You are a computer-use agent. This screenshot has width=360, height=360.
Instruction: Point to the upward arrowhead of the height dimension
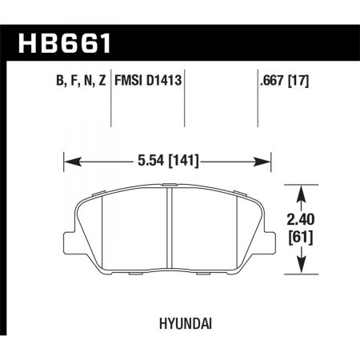coord(302,193)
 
